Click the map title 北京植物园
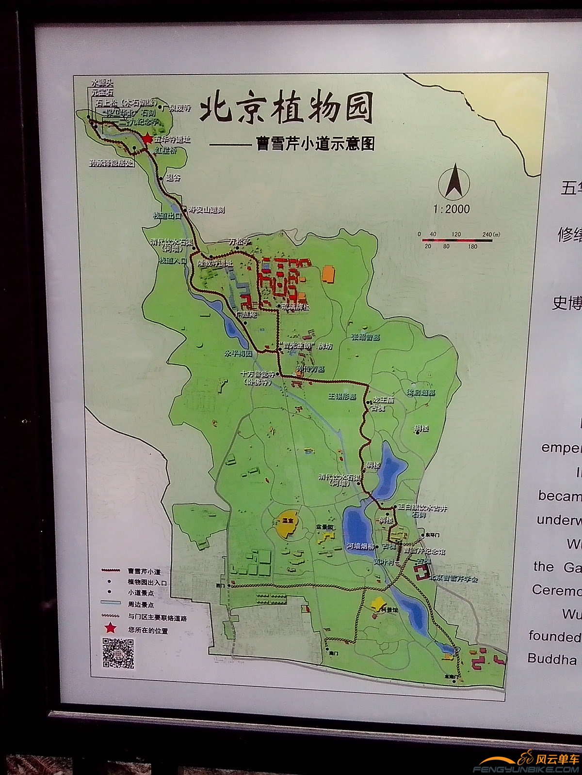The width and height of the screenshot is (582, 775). click(286, 108)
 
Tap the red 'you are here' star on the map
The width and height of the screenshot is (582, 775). click(147, 139)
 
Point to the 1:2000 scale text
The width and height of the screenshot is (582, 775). click(452, 209)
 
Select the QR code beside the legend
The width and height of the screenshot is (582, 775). click(118, 653)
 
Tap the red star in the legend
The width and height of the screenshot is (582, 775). click(111, 628)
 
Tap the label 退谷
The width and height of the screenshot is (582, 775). click(173, 178)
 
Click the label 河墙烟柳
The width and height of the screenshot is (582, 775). click(360, 546)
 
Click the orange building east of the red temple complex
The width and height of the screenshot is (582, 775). click(329, 274)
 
